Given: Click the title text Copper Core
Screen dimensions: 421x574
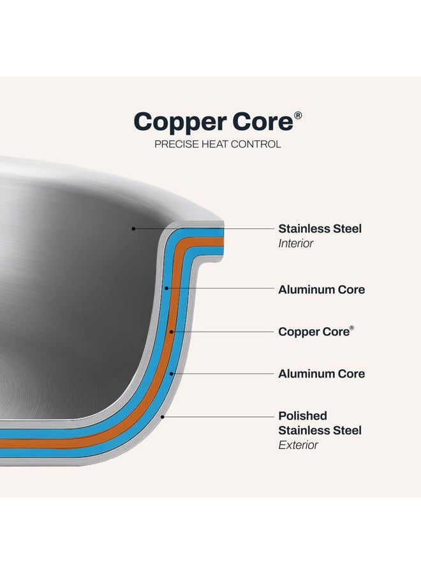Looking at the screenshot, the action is (x=214, y=122).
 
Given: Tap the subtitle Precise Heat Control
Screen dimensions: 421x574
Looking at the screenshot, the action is (x=218, y=144).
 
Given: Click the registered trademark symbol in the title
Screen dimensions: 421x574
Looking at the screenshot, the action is (x=298, y=115).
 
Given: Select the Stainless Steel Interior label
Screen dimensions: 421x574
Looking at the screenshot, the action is (x=320, y=236).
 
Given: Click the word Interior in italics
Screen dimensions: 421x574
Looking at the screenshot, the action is (x=296, y=244).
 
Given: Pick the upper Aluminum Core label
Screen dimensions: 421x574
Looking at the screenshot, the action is (x=321, y=290).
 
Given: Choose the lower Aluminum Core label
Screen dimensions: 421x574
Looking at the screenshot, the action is (x=321, y=374).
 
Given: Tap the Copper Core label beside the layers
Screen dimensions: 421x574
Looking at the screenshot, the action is (x=316, y=331).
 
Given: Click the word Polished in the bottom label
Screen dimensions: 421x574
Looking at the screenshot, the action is (x=303, y=416).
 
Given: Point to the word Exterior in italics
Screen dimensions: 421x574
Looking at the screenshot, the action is (x=298, y=445).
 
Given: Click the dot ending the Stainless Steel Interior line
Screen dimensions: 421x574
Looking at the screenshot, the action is (x=133, y=229).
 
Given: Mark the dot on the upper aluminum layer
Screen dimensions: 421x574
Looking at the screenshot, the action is (x=166, y=288).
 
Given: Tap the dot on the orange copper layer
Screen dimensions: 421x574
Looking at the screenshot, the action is (x=172, y=332).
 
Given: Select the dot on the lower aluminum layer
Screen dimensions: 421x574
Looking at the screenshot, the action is (x=171, y=374).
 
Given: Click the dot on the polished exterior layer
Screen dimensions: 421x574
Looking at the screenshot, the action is (x=163, y=416).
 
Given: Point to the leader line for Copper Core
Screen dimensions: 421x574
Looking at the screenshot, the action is (x=223, y=332).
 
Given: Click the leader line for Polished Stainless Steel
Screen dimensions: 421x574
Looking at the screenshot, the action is (x=218, y=416).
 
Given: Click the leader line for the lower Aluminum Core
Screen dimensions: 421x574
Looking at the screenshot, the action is (x=222, y=374).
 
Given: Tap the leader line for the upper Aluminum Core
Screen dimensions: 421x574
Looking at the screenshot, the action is (x=220, y=288).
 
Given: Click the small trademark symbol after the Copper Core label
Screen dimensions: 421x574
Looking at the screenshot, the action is (x=352, y=328).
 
